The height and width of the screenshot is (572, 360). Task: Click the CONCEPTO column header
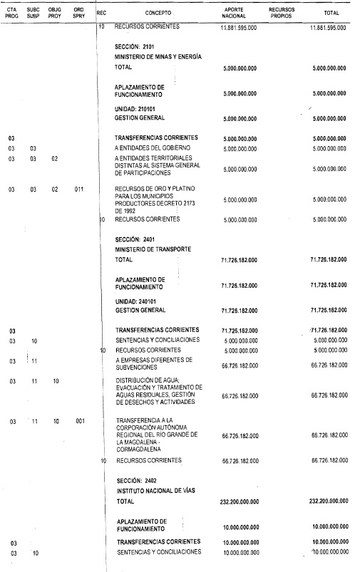pyautogui.click(x=158, y=13)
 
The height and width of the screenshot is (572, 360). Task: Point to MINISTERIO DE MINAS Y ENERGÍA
pyautogui.click(x=159, y=56)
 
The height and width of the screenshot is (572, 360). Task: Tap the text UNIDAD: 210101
pyautogui.click(x=135, y=108)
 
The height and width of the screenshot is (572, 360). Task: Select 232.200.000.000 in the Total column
pyautogui.click(x=330, y=501)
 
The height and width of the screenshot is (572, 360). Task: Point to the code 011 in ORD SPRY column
pyautogui.click(x=79, y=189)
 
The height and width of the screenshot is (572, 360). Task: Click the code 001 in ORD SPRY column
pyautogui.click(x=79, y=422)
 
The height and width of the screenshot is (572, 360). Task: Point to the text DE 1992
pyautogui.click(x=128, y=211)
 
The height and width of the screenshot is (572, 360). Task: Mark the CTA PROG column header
pyautogui.click(x=11, y=13)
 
